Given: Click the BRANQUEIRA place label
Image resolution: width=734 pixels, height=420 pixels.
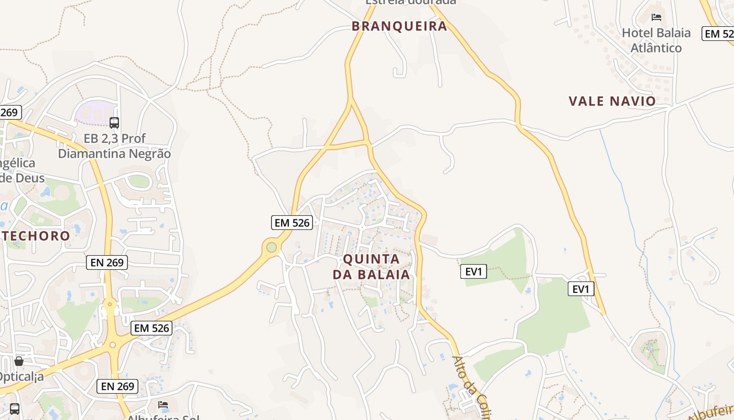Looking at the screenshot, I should click(x=400, y=26).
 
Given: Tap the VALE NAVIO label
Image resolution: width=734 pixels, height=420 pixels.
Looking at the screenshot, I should click(x=612, y=101).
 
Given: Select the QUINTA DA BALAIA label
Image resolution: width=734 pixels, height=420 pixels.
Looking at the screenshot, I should click(x=371, y=267).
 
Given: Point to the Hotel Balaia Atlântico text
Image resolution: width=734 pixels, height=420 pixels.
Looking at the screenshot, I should click(x=656, y=40).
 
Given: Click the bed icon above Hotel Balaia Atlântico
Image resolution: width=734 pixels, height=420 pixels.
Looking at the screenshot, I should click(x=656, y=17).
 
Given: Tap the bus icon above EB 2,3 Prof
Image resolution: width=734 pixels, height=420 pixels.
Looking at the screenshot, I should click(x=114, y=123).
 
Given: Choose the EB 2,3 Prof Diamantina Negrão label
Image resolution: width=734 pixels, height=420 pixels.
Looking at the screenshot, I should click(x=114, y=146).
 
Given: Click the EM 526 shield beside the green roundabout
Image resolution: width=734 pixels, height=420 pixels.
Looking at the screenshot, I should click(x=292, y=223).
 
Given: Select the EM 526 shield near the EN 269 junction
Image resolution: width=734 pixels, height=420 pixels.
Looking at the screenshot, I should click(x=152, y=328).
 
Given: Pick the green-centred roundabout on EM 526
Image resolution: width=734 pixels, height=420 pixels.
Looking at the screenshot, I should click(x=271, y=247).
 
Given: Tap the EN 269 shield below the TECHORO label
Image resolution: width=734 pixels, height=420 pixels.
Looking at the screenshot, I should click(x=107, y=262).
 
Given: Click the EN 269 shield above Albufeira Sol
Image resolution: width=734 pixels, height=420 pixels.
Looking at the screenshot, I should click(x=118, y=386).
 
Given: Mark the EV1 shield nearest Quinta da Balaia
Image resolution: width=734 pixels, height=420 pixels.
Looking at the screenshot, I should click(x=473, y=271).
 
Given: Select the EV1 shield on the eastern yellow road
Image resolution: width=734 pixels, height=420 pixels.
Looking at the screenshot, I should click(x=581, y=289).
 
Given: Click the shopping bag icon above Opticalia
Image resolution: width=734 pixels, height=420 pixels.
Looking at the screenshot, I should click(x=19, y=361).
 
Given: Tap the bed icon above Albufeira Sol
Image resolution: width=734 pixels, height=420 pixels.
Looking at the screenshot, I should click(x=163, y=405).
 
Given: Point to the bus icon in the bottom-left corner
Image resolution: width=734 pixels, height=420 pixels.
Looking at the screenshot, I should click(x=15, y=408).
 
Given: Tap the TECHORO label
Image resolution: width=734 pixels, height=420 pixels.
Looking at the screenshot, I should click(x=36, y=235).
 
